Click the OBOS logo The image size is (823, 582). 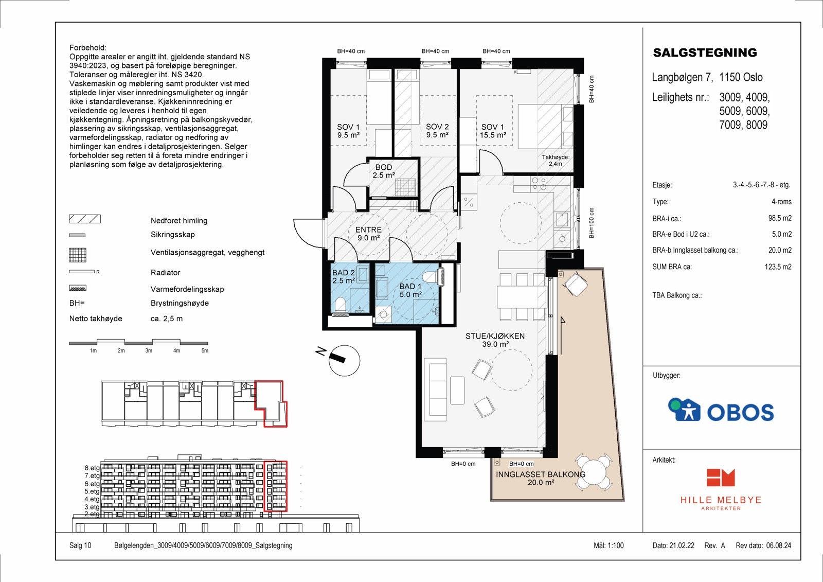[x=721, y=410]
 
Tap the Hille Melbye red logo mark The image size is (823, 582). [x=720, y=478]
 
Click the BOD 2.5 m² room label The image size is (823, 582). [x=384, y=171]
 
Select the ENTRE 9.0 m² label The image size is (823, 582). [x=368, y=234]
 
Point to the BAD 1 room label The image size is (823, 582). [x=410, y=290]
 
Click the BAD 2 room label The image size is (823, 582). [x=343, y=277]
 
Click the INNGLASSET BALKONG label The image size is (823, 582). [x=540, y=479]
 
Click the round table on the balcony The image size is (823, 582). [x=594, y=471]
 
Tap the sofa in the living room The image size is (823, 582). [x=436, y=390]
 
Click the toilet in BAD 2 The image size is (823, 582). [x=340, y=306]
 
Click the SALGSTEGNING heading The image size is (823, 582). [x=705, y=52]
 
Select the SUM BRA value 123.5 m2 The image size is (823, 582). [x=778, y=267]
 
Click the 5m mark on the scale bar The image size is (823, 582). [x=205, y=350]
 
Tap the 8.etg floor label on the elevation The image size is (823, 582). [x=92, y=468]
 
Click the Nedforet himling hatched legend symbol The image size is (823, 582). [x=85, y=219]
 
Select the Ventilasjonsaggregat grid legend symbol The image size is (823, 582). [x=78, y=255]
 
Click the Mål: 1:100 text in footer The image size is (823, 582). [x=609, y=545]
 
